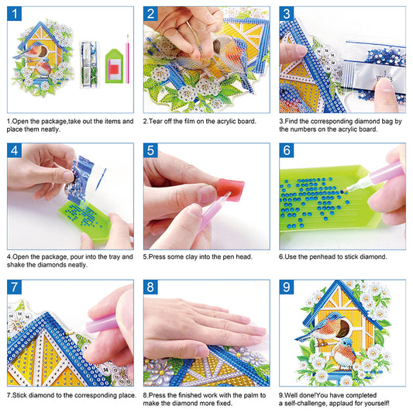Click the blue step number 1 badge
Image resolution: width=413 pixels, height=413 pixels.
click(x=15, y=15)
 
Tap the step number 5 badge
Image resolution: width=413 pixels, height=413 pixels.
click(x=152, y=151)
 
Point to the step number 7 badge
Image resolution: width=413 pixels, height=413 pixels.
click(x=15, y=287)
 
